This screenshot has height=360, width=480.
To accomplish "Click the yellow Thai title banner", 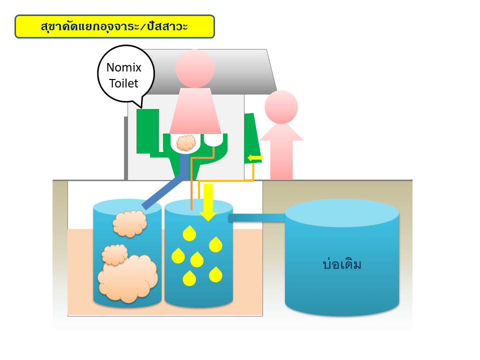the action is [x=115, y=26].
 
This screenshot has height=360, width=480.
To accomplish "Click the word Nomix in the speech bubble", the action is [x=123, y=67].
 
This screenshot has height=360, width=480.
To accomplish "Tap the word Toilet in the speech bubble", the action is [x=123, y=83].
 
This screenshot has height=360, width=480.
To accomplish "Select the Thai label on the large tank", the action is [x=342, y=264].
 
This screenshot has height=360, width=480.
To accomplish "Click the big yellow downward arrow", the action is [x=208, y=202].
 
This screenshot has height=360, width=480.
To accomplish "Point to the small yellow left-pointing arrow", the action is [x=254, y=158].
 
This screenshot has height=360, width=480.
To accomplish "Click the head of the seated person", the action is [x=195, y=68].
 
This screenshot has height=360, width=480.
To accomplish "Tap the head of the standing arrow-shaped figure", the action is [x=281, y=107].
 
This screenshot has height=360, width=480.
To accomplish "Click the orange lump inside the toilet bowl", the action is [x=186, y=142].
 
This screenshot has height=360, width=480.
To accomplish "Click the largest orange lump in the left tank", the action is [x=128, y=278].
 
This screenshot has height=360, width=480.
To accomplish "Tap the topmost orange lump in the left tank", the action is [x=130, y=223].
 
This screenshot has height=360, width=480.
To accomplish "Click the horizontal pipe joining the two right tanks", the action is [x=256, y=218].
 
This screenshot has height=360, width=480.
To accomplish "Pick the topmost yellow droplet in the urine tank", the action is [x=189, y=233].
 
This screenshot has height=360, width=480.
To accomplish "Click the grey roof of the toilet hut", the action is [x=208, y=71].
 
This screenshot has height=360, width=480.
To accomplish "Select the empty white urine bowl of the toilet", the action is [x=213, y=140].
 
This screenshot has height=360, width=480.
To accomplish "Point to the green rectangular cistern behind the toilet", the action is [x=147, y=131].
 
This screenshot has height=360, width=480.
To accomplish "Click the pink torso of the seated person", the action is [x=195, y=111].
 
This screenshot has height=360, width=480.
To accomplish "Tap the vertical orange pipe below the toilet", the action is [x=191, y=183].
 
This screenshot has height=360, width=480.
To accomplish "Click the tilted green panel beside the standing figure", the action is [x=253, y=138].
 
